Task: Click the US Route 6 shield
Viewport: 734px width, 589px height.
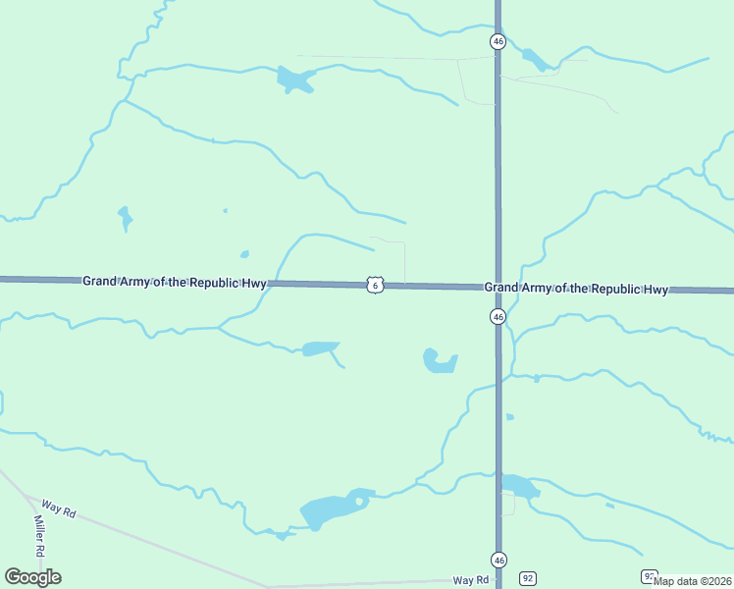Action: (375, 285)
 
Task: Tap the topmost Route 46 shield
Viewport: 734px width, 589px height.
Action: (498, 41)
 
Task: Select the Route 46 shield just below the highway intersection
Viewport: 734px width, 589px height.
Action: (498, 317)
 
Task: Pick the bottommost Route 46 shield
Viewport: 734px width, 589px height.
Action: (498, 561)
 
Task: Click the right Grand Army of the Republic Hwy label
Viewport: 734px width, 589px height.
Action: (576, 289)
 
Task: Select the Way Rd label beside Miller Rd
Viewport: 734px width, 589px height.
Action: (59, 509)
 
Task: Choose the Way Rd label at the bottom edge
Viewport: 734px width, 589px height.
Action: (471, 580)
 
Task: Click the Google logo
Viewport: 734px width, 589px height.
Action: (32, 577)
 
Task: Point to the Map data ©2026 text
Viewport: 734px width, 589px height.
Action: (693, 581)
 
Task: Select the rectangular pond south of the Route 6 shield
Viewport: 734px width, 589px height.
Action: (320, 348)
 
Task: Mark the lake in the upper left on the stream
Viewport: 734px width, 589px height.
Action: (293, 80)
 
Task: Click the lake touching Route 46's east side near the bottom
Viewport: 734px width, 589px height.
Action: (519, 486)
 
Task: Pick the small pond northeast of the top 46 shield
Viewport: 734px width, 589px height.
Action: (536, 61)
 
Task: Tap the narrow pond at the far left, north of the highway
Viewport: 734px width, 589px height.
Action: (125, 217)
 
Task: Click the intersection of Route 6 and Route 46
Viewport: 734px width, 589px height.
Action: (498, 288)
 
